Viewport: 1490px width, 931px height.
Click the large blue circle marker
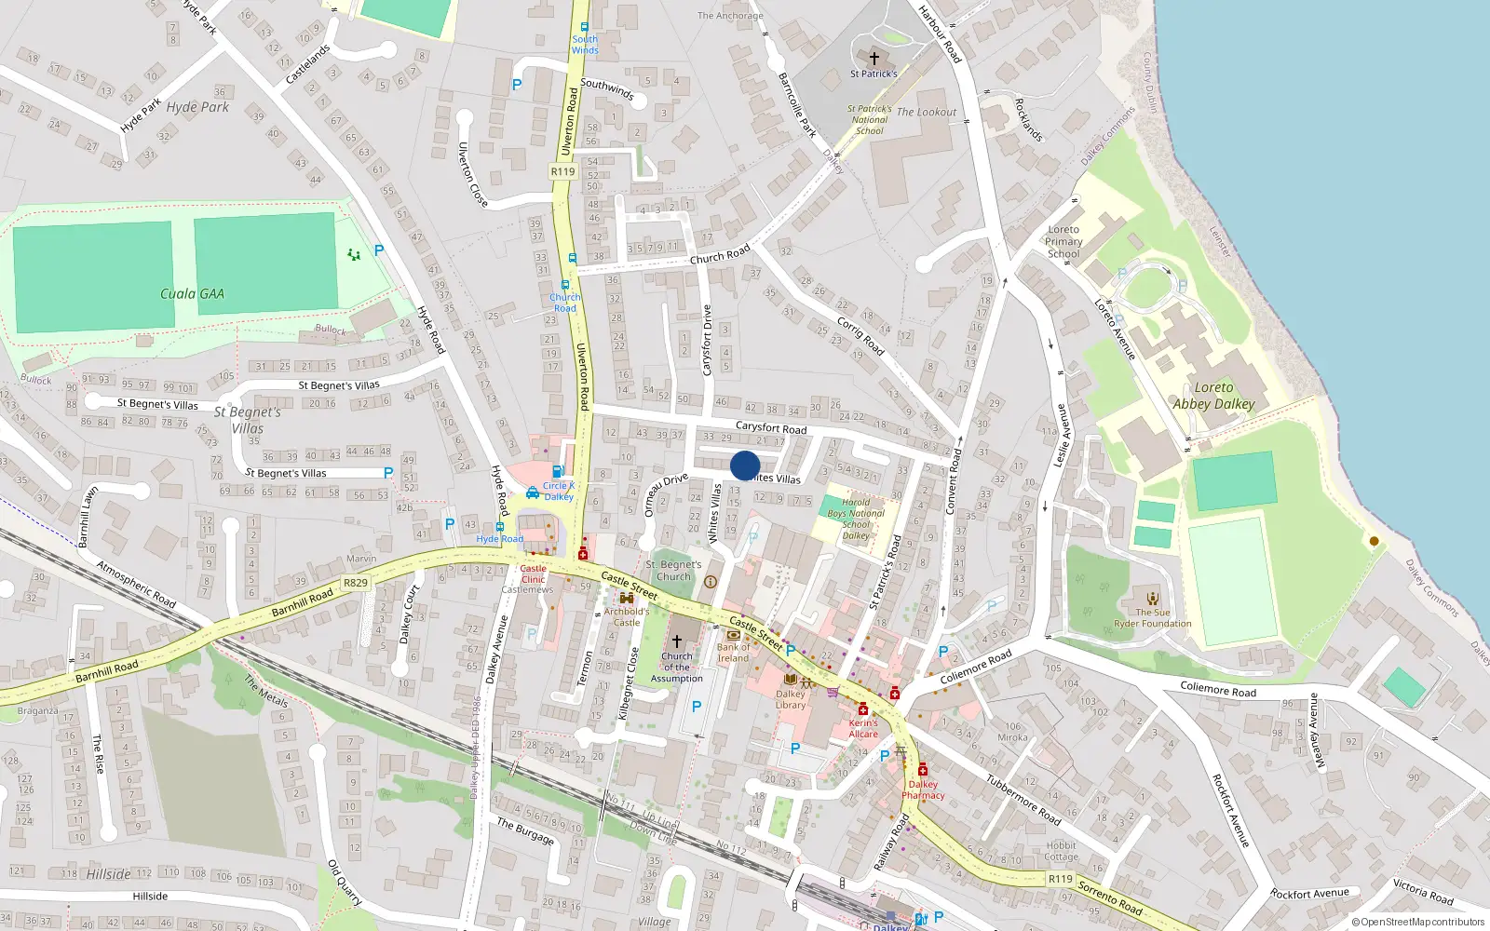click(745, 465)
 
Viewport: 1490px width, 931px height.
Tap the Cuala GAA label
click(192, 294)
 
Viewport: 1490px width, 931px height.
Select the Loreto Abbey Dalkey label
click(1213, 396)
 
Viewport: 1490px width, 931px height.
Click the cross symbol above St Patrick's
click(874, 58)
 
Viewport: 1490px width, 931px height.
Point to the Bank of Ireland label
click(733, 653)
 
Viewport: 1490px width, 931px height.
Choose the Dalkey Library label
click(791, 699)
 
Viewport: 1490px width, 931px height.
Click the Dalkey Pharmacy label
click(923, 789)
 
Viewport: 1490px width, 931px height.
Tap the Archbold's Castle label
click(627, 617)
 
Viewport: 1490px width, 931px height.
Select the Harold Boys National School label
click(856, 519)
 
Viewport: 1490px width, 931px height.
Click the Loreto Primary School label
click(1063, 241)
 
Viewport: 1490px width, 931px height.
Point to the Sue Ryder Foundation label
click(1153, 618)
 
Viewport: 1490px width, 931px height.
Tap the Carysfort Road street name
click(771, 427)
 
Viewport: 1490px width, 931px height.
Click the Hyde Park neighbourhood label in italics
click(197, 107)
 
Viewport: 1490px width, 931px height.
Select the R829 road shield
click(355, 583)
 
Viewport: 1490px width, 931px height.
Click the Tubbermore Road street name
click(1023, 800)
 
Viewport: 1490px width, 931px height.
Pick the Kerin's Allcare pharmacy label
click(863, 728)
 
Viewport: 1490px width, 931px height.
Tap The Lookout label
click(926, 112)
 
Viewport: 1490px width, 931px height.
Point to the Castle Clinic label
click(534, 573)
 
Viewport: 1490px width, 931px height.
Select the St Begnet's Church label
click(673, 571)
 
